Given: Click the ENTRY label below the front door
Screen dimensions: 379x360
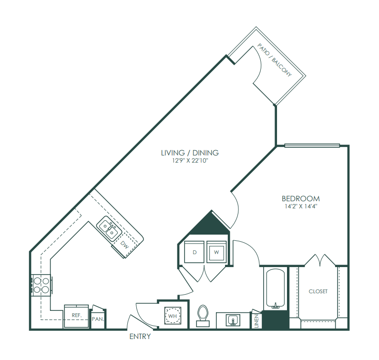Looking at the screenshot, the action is coord(140,336).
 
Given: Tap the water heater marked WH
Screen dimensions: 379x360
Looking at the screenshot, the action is coord(173,316).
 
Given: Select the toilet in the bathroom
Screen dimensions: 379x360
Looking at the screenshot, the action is coord(203,316).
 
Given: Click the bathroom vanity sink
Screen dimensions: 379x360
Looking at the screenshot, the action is coord(233,320).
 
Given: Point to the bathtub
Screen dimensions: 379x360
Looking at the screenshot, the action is coord(275,289).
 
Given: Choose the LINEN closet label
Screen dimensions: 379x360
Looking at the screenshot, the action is coord(256,321).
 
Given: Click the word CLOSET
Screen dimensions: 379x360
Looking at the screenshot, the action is coord(318,291).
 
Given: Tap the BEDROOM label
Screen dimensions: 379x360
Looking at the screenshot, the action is coord(301,199).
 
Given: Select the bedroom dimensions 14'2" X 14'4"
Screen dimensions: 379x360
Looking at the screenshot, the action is coord(301,206).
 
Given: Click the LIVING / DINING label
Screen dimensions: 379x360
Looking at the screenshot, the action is coord(190,153).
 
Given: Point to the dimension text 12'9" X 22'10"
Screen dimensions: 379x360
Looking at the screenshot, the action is coord(190,161).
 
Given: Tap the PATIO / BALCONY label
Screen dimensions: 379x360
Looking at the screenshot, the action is coord(275,60).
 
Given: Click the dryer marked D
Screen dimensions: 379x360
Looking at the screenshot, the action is coord(195,252).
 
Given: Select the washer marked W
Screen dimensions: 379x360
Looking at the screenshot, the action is coord(216,252).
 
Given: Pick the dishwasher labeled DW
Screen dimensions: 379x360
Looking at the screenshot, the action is coord(125,245).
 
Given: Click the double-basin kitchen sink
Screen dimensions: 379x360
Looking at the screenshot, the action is coord(109,228).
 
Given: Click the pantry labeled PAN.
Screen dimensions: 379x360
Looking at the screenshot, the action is coord(98,319).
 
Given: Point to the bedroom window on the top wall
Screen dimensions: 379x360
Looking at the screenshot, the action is coord(312,145).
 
